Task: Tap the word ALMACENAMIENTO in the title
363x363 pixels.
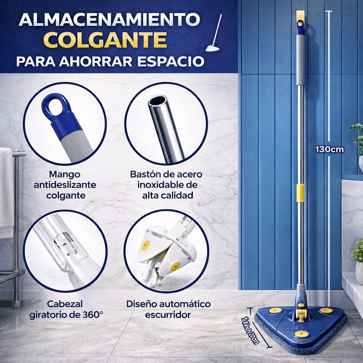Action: pos(109,20)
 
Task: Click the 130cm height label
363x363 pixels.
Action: pos(329,149)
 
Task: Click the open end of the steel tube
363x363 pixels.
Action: pos(158,101)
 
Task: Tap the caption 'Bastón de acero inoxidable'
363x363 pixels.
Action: pos(166,185)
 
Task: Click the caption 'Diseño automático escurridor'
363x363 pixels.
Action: pos(168,309)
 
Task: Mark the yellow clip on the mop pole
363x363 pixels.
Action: pos(301,193)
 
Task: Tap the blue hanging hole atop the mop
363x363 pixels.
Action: pos(301,24)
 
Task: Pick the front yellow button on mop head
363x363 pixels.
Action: pos(302,334)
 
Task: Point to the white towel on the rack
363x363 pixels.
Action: pos(6,188)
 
